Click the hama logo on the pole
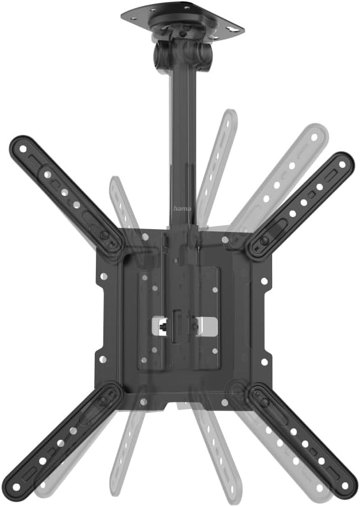click(181, 210)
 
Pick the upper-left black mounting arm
click(66, 195)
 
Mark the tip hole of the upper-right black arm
click(343, 164)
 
